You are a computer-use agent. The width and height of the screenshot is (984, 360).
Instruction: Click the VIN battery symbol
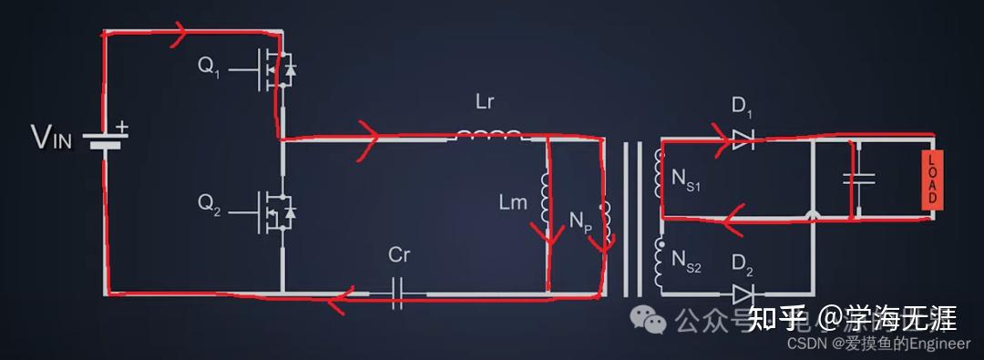[x=106, y=139]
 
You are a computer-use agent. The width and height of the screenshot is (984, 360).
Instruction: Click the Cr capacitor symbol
[x=398, y=293]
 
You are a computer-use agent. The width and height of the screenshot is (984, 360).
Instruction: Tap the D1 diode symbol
[x=742, y=139]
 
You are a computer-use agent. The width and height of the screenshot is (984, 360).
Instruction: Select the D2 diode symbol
[x=742, y=293]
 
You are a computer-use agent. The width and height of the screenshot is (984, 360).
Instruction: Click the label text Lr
[x=485, y=101]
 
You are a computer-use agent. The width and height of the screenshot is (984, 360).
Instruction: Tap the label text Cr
[x=399, y=256]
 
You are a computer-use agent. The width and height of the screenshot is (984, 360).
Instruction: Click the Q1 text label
[x=209, y=68]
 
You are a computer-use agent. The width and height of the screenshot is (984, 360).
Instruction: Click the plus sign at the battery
[x=121, y=129]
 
